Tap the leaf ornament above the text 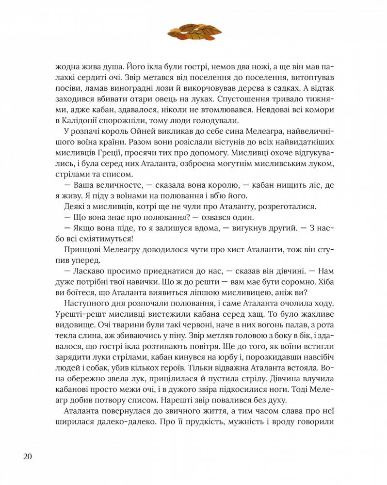(194, 32)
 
